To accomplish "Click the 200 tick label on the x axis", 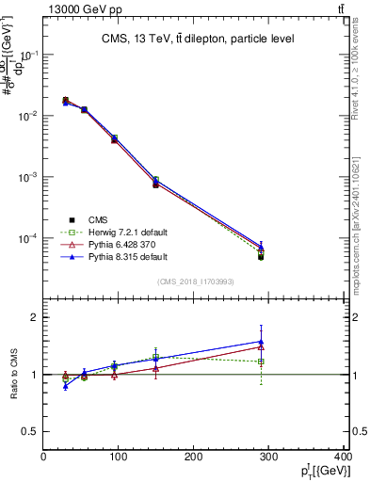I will click(x=194, y=457).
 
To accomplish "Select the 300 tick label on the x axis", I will click(x=269, y=457).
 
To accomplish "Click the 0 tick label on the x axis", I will click(x=44, y=457).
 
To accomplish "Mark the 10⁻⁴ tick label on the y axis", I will click(x=29, y=238).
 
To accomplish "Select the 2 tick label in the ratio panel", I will click(x=35, y=317).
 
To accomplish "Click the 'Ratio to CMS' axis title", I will click(x=12, y=374).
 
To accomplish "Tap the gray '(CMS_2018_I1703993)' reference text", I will click(x=195, y=281).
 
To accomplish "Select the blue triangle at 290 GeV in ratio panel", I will click(x=261, y=342).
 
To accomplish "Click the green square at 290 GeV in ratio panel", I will click(x=261, y=361).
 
